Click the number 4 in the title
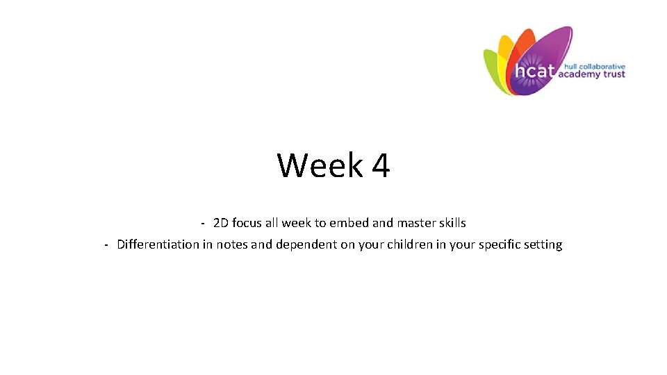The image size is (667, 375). [x=381, y=166]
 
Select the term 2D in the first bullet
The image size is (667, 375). [x=221, y=224]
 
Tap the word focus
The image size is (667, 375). [x=247, y=224]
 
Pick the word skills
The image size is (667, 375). [x=451, y=224]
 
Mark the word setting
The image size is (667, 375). [x=543, y=244]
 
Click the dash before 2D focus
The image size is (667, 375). [x=201, y=224]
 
